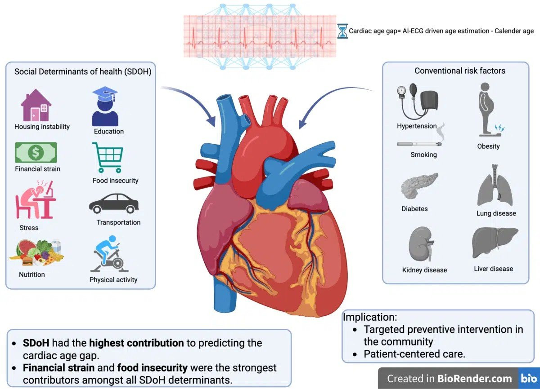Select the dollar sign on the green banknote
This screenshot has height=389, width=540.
coord(36,152)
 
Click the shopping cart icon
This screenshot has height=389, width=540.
coord(108,158)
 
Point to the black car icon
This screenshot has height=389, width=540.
coord(114,203)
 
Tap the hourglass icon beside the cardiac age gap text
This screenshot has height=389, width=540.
coord(342,31)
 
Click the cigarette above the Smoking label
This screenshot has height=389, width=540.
coord(419,144)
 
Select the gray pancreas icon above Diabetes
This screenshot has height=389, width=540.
coord(419,186)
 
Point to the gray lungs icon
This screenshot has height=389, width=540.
coord(495,185)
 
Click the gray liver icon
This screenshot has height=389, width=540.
coord(495,241)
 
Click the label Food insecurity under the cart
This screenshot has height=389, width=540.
coord(116,181)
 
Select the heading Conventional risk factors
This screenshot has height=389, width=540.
coord(460,71)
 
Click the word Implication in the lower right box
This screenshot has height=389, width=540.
coord(370,317)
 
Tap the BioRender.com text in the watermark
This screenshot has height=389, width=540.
coord(474,378)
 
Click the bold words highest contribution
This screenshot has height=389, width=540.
coord(136,343)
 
